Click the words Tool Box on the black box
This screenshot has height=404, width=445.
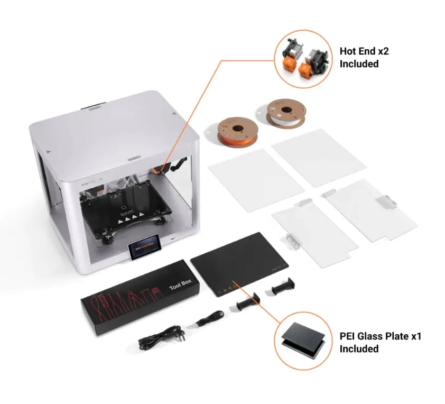178,284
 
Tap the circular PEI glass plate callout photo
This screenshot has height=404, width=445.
303,339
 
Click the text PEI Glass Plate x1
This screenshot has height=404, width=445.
380,337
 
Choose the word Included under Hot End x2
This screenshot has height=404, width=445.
359,64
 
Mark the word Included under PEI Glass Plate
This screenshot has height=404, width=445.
359,349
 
